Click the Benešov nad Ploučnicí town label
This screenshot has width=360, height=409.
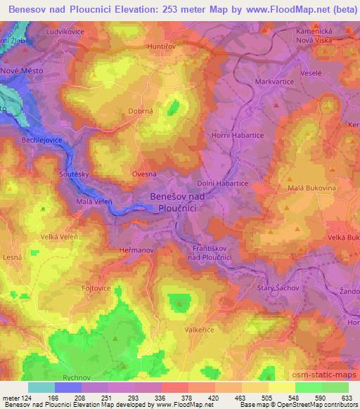click(x=176, y=203)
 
